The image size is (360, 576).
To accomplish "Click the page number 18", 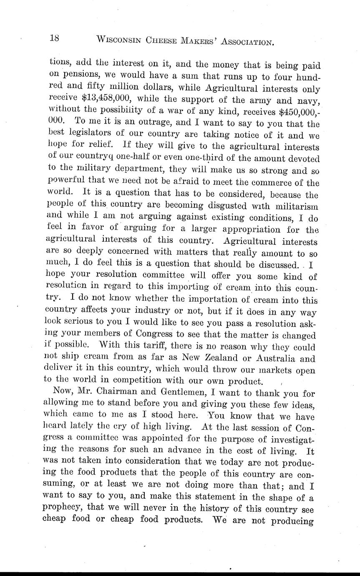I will click(x=54, y=38).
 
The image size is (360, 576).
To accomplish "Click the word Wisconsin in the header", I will click(x=119, y=40).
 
